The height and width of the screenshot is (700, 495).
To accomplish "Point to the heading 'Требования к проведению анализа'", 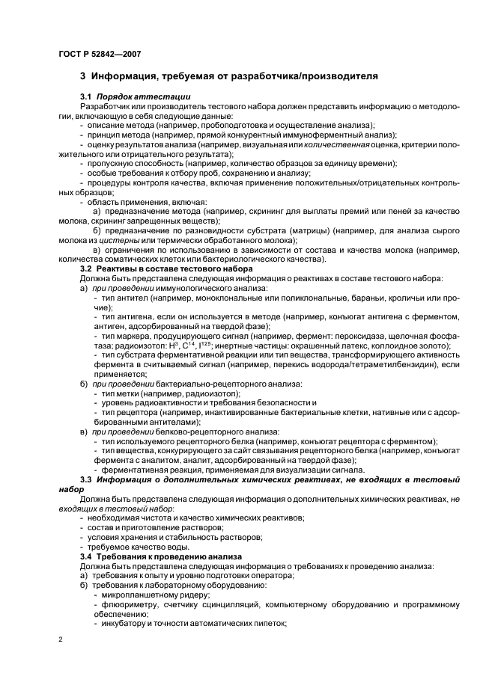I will click(175, 556).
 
